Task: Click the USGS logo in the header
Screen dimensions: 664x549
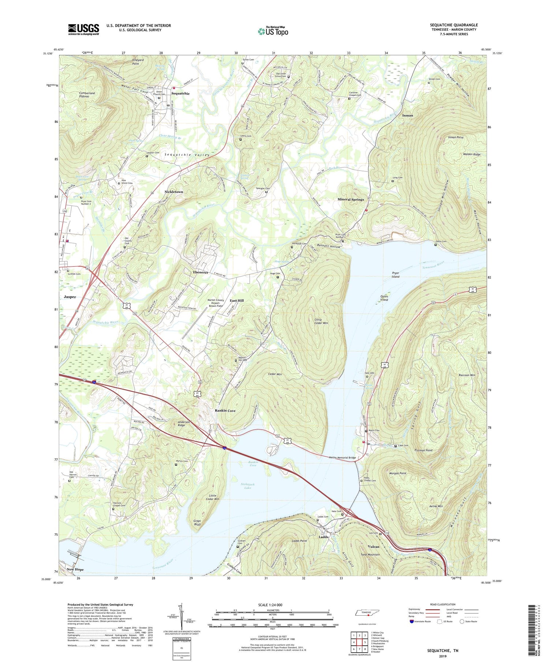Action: coord(83,29)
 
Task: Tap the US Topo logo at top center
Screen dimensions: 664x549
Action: coord(273,31)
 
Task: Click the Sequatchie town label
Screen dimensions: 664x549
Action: coord(180,93)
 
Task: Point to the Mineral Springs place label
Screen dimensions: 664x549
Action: coord(350,199)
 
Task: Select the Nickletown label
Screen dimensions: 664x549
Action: coord(173,192)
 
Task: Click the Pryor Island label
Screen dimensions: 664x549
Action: coord(395,275)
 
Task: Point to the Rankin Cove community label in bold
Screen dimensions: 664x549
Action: coord(225,411)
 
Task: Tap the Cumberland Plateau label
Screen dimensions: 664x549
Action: coord(87,94)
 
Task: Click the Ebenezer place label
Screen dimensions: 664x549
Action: coord(201,272)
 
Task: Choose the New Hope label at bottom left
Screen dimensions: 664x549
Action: coord(75,569)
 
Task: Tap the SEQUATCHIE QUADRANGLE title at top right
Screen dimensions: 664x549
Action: coord(453,25)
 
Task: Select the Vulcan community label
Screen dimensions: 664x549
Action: coord(373,546)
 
